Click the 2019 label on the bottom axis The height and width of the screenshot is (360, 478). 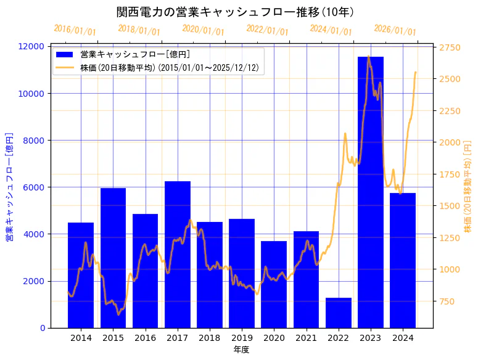click(242, 338)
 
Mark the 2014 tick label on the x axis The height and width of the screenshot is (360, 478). click(81, 338)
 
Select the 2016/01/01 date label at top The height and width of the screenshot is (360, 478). click(75, 30)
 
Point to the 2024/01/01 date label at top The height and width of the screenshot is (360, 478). click(331, 30)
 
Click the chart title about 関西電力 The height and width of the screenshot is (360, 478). click(235, 12)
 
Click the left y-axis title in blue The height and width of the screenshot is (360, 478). click(9, 187)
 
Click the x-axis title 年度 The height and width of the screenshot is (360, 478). click(241, 350)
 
